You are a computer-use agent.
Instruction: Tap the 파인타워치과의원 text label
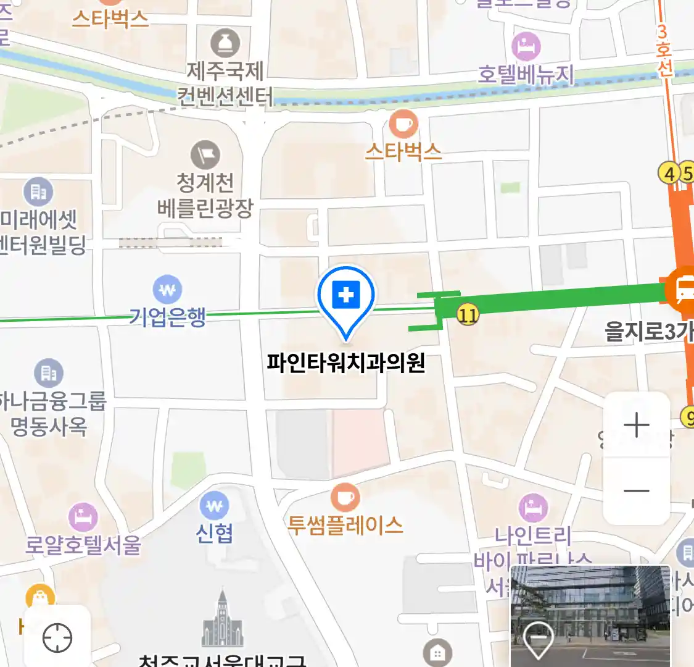346,363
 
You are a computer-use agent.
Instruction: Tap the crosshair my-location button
57,638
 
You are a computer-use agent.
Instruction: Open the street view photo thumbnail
590,615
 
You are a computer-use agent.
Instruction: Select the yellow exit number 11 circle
468,316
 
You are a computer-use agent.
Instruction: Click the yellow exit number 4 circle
669,173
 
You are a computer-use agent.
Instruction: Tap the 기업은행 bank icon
167,290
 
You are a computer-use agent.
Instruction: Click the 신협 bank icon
214,506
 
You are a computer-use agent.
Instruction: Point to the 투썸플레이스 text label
345,526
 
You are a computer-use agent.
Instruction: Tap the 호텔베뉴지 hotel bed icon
526,46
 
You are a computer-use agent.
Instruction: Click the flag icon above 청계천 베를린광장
205,154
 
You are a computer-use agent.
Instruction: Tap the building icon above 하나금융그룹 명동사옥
48,373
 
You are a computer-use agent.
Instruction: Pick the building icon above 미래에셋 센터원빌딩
38,193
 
